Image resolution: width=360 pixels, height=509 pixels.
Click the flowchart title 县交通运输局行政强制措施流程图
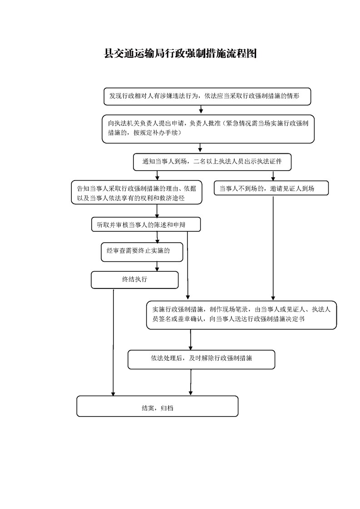coord(180,54)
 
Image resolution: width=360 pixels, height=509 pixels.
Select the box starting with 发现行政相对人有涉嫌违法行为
coord(207,97)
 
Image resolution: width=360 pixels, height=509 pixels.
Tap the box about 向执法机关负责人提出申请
coord(208,129)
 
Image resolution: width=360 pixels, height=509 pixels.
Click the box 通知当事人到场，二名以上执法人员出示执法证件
coord(212,162)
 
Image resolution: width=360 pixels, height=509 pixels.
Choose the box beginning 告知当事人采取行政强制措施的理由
coord(137,192)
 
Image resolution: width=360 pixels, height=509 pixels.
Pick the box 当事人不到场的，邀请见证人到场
coord(271,188)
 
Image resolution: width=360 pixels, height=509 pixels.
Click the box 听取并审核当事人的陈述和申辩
coord(146,225)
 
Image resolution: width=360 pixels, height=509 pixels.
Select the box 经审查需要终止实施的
coord(142,252)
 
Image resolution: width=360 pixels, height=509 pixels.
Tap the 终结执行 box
coord(134,280)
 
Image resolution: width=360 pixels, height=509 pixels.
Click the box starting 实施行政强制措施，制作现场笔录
coord(242,315)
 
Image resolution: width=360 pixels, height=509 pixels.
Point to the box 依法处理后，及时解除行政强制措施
coord(202,359)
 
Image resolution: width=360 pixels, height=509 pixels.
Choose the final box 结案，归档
coord(158,406)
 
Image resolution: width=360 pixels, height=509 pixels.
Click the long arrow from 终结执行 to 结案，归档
coord(113,343)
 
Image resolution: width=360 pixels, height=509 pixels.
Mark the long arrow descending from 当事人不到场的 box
coord(273,248)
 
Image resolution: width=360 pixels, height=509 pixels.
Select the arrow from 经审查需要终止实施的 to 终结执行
coord(157,266)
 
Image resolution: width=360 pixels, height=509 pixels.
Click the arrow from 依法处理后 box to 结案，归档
coord(190,382)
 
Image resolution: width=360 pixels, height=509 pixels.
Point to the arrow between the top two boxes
coord(201,110)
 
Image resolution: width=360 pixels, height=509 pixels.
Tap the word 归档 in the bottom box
coord(167,408)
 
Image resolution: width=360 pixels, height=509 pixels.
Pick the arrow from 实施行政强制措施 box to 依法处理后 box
coord(190,339)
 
